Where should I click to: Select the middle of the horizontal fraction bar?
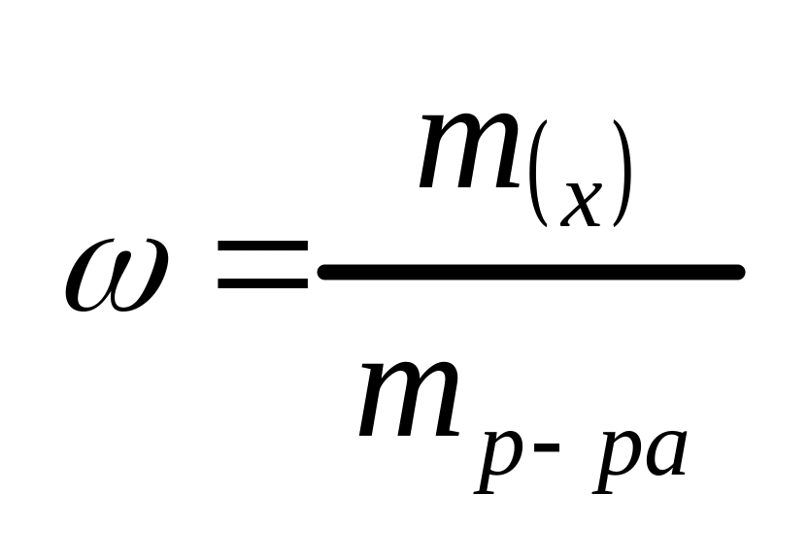pyautogui.click(x=530, y=273)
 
